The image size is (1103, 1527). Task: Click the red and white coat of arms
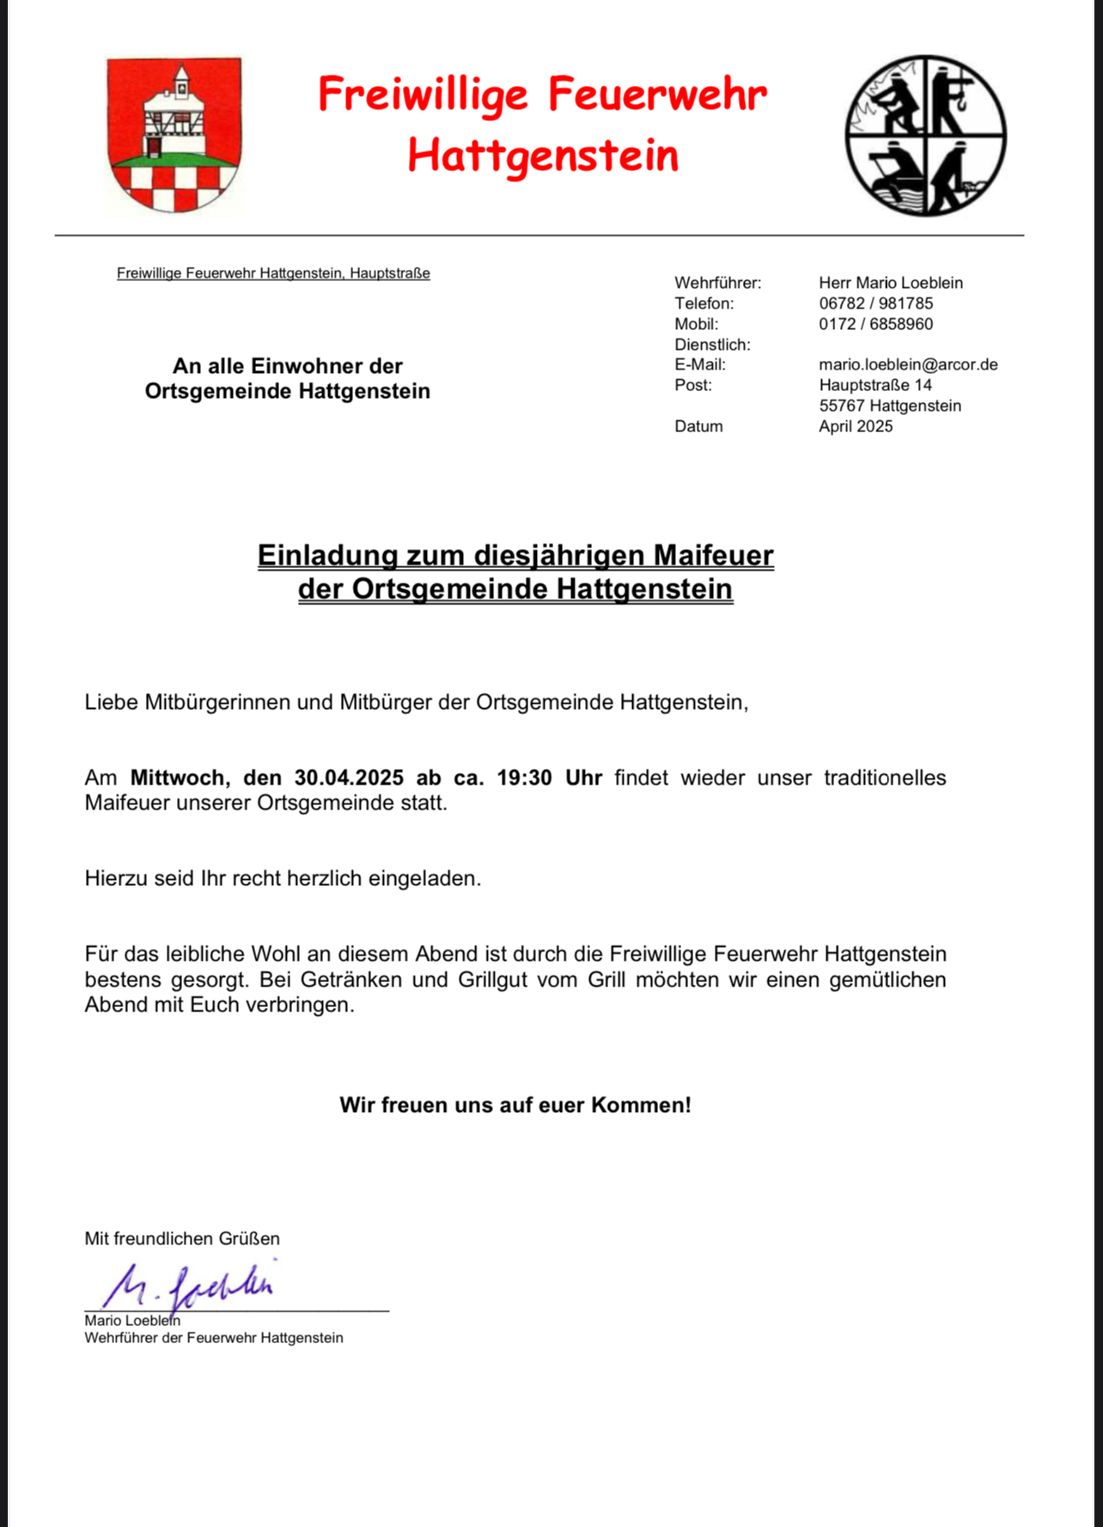[174, 135]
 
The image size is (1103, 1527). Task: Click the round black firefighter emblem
[925, 136]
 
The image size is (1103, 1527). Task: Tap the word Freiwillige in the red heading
[423, 95]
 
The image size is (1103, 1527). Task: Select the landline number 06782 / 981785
[875, 303]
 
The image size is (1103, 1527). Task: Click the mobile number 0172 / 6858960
[875, 324]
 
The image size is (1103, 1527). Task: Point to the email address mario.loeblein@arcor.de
[908, 364]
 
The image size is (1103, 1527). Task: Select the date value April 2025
[856, 426]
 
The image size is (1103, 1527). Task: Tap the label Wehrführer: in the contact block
[717, 283]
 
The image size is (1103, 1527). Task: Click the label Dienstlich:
[712, 345]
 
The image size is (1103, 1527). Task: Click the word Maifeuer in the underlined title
[713, 555]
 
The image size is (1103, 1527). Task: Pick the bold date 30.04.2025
[349, 778]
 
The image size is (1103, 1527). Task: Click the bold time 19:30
[524, 778]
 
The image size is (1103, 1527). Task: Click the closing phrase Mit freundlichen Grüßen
[182, 1238]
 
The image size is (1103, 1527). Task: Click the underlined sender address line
[273, 273]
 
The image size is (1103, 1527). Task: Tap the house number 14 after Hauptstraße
[923, 385]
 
